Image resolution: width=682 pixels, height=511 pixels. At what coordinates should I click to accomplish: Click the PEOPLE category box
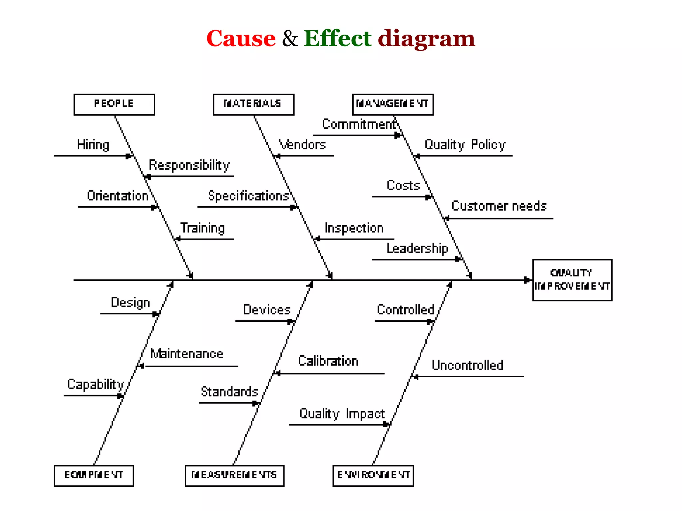click(114, 104)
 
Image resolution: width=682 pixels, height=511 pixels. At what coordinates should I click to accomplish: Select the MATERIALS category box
click(253, 104)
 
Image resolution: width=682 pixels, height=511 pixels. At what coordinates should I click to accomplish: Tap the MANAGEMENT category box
click(393, 104)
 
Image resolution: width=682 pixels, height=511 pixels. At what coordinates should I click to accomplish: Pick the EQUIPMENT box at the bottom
click(94, 476)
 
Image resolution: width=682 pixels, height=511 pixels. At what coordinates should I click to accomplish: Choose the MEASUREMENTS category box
click(234, 476)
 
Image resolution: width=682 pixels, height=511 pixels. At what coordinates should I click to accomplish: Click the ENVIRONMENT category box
click(373, 476)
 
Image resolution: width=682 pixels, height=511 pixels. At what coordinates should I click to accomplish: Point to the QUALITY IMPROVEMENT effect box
click(572, 280)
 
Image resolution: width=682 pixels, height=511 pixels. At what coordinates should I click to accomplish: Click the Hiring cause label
click(93, 145)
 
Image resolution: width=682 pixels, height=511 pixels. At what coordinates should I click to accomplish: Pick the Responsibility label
click(189, 165)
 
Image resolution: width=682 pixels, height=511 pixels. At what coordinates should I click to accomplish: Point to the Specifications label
click(248, 196)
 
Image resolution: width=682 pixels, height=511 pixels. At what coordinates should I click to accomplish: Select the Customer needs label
click(499, 206)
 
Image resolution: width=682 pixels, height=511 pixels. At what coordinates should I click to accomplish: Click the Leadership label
click(417, 249)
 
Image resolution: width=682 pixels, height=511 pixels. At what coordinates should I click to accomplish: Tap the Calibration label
click(328, 361)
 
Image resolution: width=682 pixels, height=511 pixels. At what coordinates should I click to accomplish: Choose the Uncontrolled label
click(467, 365)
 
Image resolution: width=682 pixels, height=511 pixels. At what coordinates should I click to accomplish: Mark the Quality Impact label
click(342, 414)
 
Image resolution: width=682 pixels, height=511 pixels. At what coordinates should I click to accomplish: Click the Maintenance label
click(187, 354)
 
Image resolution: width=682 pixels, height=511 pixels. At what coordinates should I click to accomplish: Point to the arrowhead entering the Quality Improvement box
click(527, 280)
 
